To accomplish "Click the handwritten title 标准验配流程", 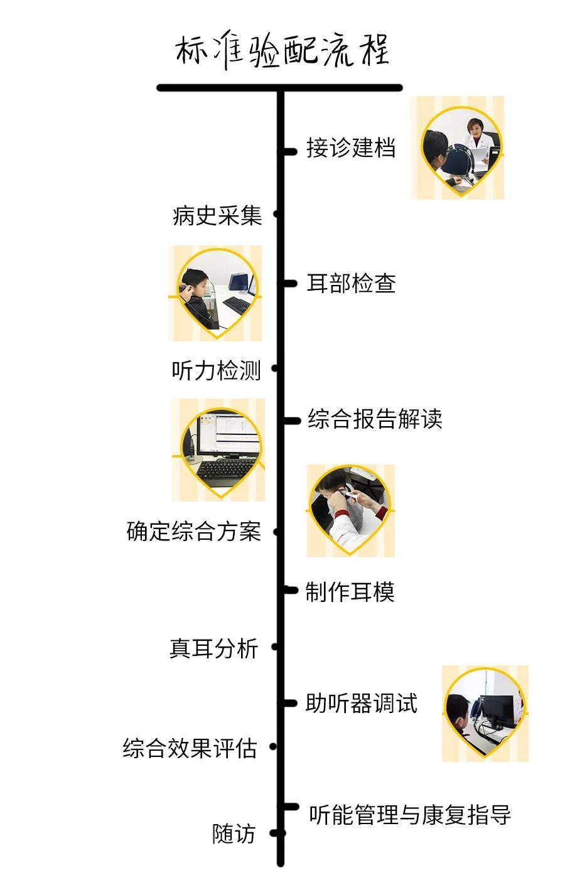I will coord(282,50).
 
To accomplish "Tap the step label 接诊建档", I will coord(350,148).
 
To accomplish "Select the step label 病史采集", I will coord(217,216).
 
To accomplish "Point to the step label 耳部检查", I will coord(351,284).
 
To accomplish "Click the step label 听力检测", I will coord(216,370).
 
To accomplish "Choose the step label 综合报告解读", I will coord(375,419).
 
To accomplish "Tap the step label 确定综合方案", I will coord(193,531).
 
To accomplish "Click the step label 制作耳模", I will coord(350,591).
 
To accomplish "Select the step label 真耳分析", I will coord(213,648).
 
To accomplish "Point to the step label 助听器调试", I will coord(361,704).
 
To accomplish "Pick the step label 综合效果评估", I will coord(190,748).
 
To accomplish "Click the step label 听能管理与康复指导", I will coord(409,815).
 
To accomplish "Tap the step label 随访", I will coord(234,834).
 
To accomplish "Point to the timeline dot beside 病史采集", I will coord(276,215).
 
